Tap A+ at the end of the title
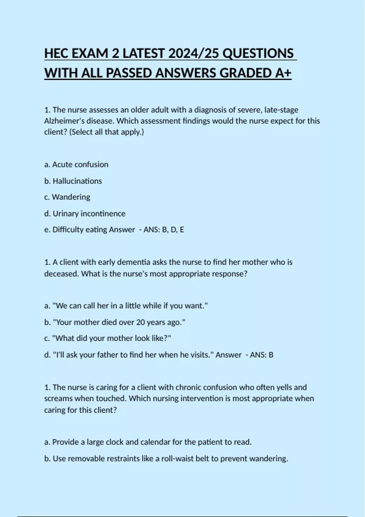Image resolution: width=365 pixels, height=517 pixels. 283,73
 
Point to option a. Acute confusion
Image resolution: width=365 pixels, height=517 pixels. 76,165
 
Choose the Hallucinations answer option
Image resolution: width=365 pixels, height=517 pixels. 73,181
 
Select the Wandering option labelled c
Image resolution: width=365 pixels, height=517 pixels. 68,197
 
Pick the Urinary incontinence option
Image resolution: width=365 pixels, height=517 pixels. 85,213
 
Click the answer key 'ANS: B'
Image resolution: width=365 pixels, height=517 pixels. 262,355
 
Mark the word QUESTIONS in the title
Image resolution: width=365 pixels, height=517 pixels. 258,54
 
